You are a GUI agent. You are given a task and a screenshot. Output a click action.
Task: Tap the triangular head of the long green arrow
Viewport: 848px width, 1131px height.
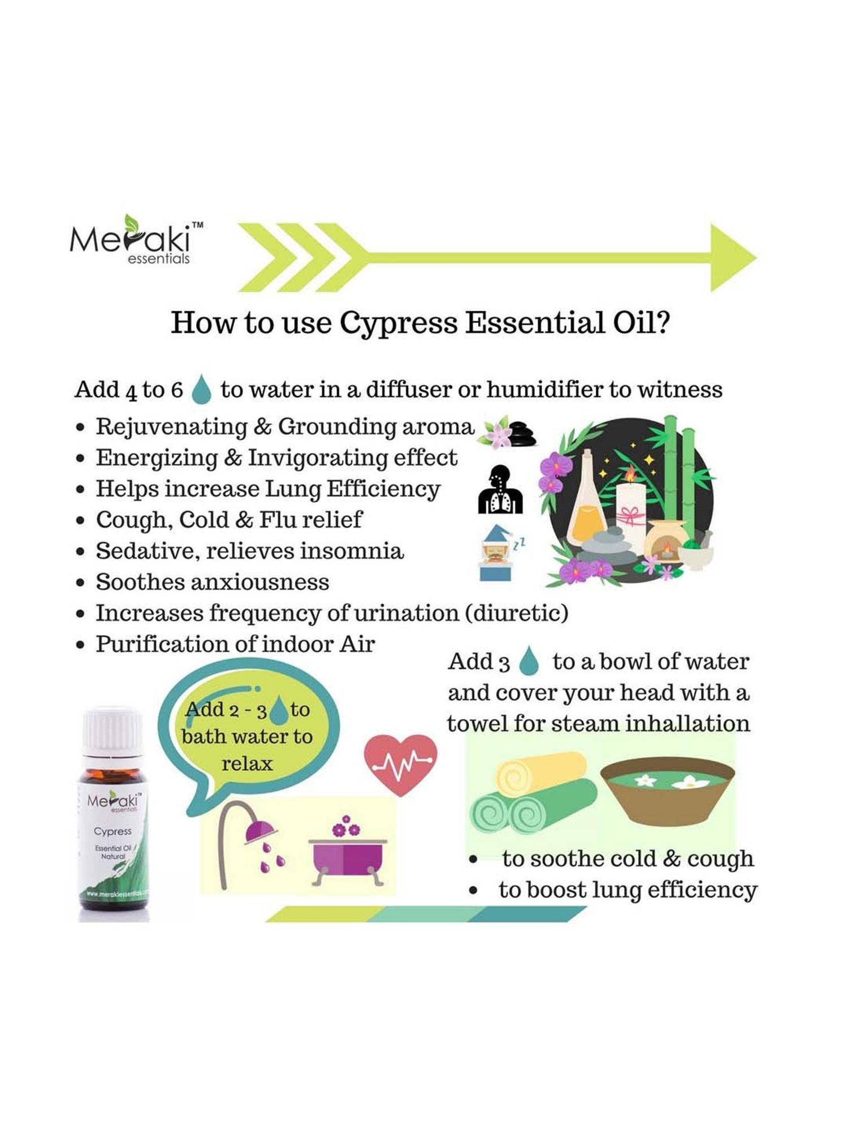tap(730, 258)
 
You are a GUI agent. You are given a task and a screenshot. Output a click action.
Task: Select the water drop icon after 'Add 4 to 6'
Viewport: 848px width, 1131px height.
tap(201, 390)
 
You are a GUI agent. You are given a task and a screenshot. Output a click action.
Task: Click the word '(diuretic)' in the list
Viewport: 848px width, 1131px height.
tap(516, 614)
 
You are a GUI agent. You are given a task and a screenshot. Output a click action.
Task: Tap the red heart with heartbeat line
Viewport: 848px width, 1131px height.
tap(400, 765)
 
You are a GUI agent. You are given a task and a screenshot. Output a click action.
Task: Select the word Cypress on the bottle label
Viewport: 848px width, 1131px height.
tap(113, 831)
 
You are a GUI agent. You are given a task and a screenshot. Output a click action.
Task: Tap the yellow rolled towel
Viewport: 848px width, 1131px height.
tap(540, 773)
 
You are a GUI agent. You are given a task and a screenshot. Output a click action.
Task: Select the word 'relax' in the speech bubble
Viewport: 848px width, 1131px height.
tap(247, 764)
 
